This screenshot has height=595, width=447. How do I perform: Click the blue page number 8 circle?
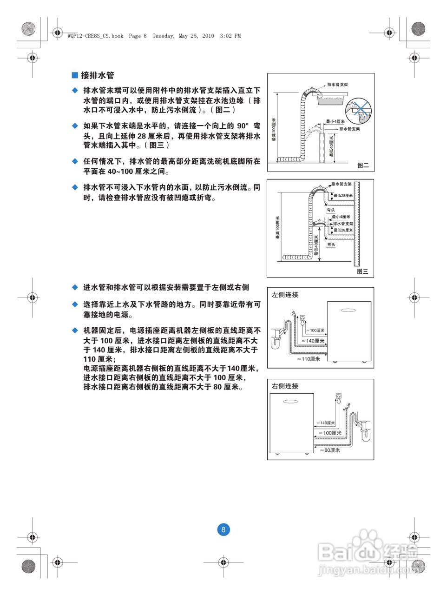tap(223, 529)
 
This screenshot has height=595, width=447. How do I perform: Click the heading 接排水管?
tap(97, 75)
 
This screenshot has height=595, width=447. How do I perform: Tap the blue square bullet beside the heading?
tap(75, 75)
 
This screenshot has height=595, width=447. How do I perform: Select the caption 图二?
tap(363, 165)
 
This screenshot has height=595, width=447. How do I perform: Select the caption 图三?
tap(362, 271)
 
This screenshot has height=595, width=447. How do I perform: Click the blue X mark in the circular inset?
tap(359, 108)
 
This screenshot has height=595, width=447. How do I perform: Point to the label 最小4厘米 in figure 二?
tap(335, 121)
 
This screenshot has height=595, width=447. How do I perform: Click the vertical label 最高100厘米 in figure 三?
tap(278, 228)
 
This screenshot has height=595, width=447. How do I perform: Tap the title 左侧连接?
tap(285, 295)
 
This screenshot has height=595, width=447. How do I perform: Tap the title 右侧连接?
tap(285, 386)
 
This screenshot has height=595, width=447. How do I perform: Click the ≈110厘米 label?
tap(309, 359)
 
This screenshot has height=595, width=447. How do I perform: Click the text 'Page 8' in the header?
tap(138, 36)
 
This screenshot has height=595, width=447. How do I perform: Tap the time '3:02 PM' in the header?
tap(230, 36)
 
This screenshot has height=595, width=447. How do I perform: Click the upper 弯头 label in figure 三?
tap(331, 210)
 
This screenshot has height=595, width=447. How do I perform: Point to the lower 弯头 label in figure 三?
tap(331, 245)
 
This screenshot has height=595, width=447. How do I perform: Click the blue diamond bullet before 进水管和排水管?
tap(75, 287)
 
